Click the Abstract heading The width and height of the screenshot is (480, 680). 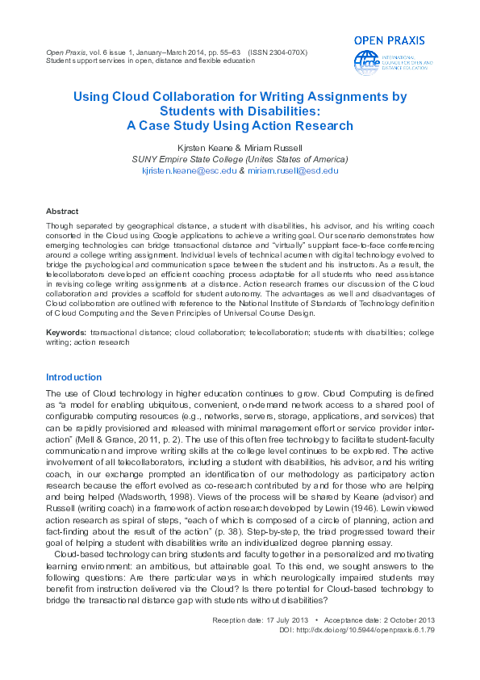click(x=63, y=209)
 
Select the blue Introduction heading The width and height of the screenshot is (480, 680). click(x=74, y=377)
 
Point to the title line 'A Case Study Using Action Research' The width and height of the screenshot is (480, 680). click(x=240, y=126)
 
